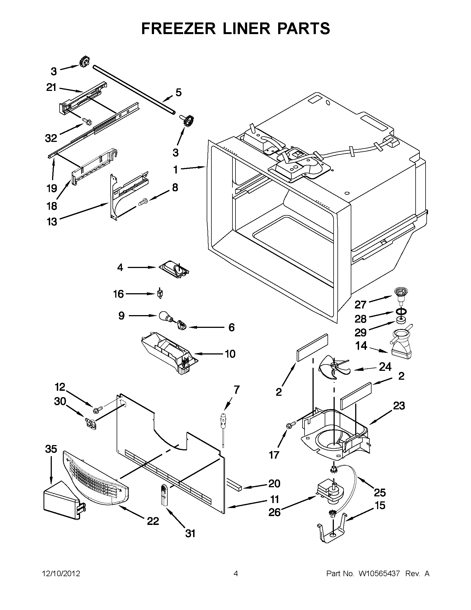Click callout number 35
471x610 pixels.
point(51,449)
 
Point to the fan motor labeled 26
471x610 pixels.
point(330,493)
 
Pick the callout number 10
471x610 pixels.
point(230,354)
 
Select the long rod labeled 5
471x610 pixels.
point(134,89)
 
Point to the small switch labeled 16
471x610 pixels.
point(160,294)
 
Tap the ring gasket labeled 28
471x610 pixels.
point(401,311)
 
